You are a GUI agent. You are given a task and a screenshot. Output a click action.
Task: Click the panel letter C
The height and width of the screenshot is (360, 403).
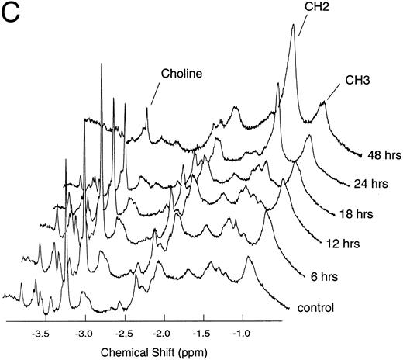click(14, 16)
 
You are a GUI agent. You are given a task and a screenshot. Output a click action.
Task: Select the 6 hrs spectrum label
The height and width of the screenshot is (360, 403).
click(312, 272)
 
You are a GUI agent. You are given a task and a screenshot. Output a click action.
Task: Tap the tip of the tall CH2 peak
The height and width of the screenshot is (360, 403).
click(293, 26)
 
